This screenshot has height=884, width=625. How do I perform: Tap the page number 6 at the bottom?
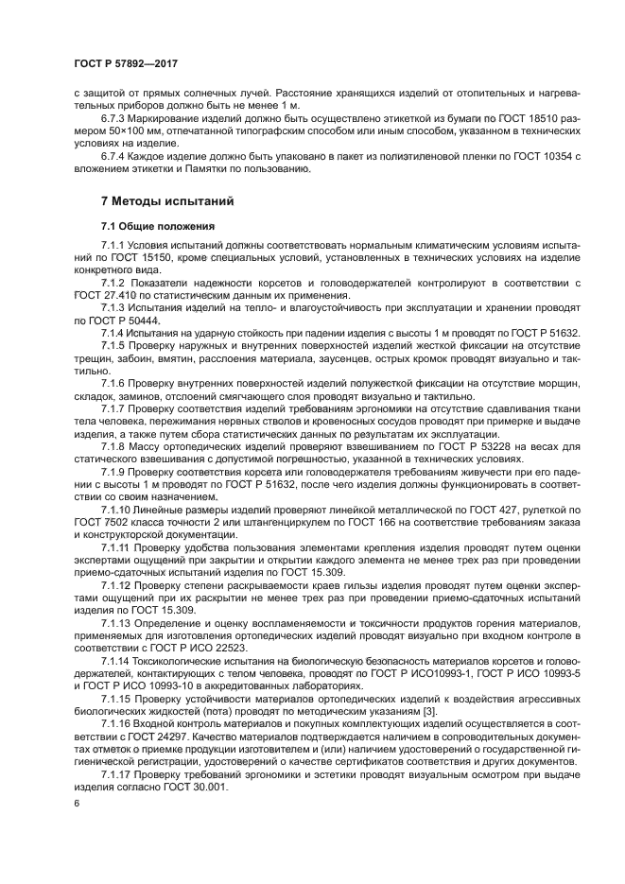click(x=75, y=803)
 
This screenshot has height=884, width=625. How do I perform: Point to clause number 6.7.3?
click(x=115, y=120)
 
